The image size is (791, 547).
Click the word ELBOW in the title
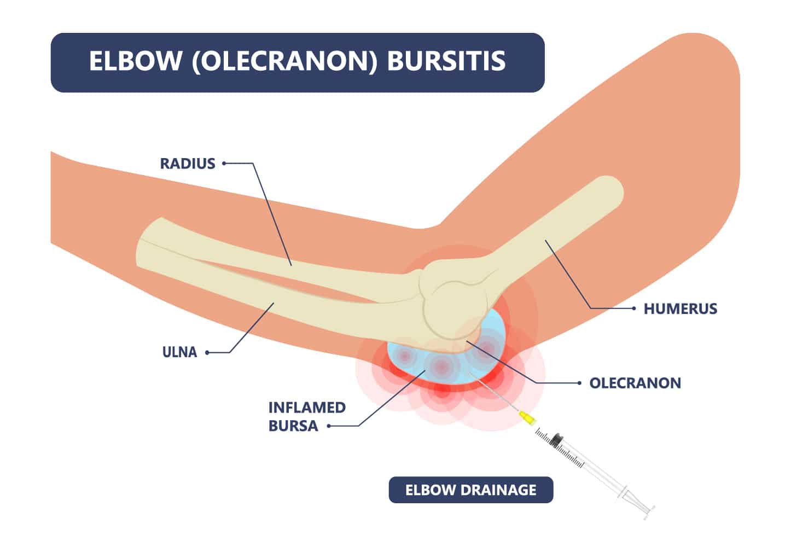click(135, 61)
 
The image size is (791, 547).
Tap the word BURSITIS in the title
click(446, 61)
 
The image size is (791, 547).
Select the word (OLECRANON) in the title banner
click(284, 62)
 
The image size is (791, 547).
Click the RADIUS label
click(188, 164)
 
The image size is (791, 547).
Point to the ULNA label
click(180, 352)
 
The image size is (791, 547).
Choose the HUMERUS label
click(681, 309)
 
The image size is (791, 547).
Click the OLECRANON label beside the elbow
click(635, 383)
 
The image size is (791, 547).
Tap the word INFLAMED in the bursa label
click(307, 408)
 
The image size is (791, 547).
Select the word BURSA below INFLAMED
click(293, 426)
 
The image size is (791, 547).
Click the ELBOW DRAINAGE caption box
click(470, 490)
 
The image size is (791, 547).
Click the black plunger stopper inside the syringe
click(557, 440)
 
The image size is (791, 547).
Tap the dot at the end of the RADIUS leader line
click(224, 163)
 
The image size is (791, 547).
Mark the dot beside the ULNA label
click(207, 352)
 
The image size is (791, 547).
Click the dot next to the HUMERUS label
click(634, 309)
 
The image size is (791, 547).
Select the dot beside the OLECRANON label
click(579, 383)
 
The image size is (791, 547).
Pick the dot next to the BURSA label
click(329, 426)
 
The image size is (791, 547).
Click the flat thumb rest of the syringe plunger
click(648, 513)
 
